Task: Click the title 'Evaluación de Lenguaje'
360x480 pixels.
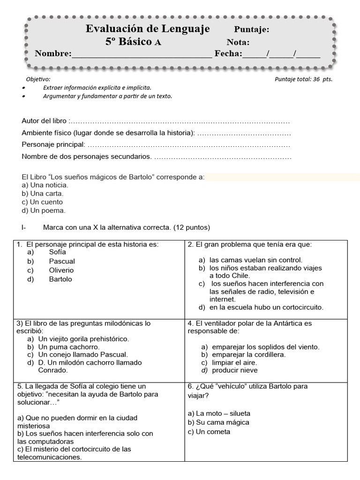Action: click(x=148, y=29)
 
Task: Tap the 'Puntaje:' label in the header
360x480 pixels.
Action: click(x=251, y=30)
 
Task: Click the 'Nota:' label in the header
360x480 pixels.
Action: click(x=238, y=42)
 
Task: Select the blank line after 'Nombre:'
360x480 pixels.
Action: click(x=142, y=54)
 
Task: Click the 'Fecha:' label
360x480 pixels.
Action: click(x=228, y=53)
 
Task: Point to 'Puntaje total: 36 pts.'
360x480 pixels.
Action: click(x=303, y=79)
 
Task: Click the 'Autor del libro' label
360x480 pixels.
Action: click(x=45, y=121)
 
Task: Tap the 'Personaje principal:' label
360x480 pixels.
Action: click(x=53, y=144)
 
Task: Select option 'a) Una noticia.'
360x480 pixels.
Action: click(x=45, y=185)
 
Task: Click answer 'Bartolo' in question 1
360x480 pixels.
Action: click(x=60, y=279)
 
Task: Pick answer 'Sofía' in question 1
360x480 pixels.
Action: click(x=57, y=252)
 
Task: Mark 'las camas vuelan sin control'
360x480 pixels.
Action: click(x=255, y=260)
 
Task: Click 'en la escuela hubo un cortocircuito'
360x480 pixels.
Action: click(x=266, y=307)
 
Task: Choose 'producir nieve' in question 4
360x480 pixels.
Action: click(x=234, y=370)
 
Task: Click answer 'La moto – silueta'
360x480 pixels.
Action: click(x=219, y=413)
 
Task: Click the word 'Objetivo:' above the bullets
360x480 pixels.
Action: click(x=36, y=79)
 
